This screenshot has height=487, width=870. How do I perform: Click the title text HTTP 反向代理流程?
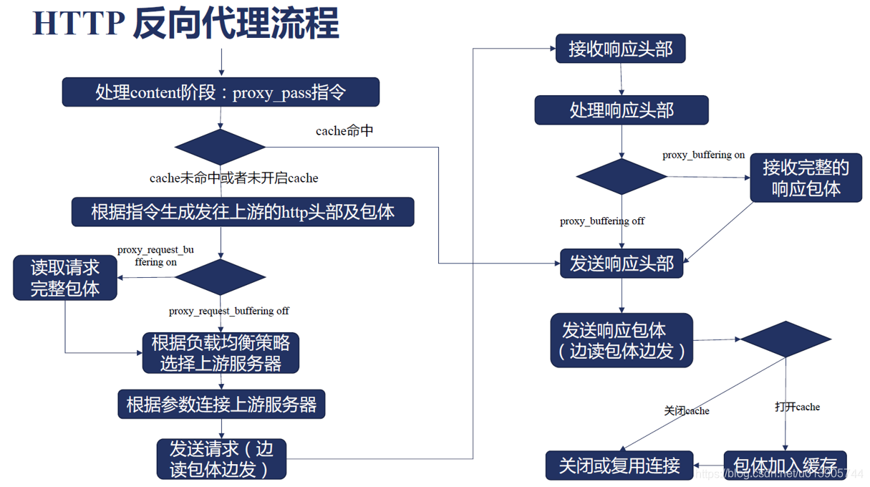point(185,24)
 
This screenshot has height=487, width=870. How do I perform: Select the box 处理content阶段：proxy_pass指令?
point(221,92)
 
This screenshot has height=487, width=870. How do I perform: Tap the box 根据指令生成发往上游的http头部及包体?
point(243,212)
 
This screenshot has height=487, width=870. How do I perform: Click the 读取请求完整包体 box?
point(65,278)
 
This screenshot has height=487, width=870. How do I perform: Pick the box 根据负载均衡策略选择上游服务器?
point(221,353)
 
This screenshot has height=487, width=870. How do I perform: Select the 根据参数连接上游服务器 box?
point(221,404)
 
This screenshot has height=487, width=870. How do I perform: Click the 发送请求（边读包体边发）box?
point(221,459)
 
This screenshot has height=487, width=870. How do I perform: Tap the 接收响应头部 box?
point(621,49)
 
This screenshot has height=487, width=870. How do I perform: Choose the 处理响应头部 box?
point(622,110)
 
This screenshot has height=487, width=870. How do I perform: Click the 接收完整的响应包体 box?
point(806,178)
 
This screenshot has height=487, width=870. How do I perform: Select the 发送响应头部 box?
point(622,264)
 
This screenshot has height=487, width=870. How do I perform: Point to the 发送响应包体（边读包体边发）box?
point(622,340)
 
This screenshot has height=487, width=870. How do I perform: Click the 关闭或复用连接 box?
point(619,466)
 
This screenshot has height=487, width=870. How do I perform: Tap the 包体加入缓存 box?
point(785,466)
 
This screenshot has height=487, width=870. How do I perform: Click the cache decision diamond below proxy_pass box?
point(221,147)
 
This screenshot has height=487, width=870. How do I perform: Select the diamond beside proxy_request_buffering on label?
point(221,277)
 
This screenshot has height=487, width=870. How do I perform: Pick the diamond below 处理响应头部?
point(622,176)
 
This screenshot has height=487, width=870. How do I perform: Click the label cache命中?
point(344,131)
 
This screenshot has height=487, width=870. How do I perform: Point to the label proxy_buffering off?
point(601,221)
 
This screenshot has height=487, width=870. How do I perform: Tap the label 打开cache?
point(797,407)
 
